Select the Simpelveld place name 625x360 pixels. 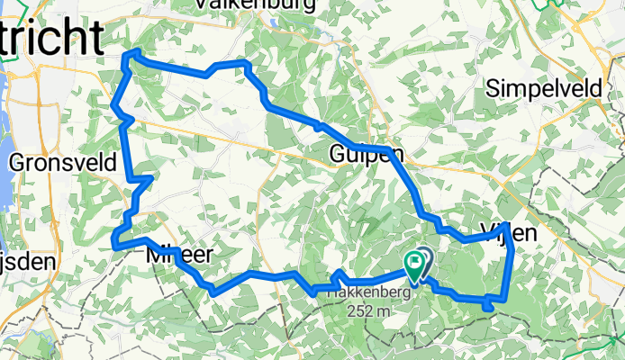pos(541,88)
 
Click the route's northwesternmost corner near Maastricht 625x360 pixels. pos(124,59)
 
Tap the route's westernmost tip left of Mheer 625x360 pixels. pos(114,240)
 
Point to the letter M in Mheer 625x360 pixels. pos(154,256)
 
